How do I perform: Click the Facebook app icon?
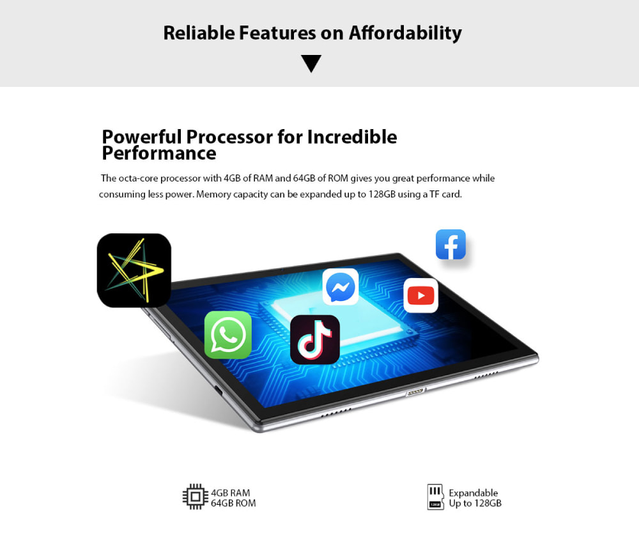coord(450,245)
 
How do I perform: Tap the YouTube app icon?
coord(421,295)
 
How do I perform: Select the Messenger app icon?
coord(341,286)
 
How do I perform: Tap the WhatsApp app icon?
coord(228,335)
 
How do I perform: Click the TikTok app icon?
coord(315,339)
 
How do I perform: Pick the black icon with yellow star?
coord(134,270)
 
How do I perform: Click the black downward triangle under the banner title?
coord(311,63)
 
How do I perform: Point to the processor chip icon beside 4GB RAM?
coord(195,497)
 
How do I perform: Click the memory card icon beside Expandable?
coord(435,497)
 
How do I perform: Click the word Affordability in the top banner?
coord(405,33)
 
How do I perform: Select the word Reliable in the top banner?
coord(199,33)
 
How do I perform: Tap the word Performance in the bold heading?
coord(159,153)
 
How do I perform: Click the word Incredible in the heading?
coord(351,137)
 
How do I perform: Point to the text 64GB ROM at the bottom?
coord(233,503)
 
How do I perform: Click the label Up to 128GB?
coord(475,504)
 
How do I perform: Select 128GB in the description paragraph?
coord(382,194)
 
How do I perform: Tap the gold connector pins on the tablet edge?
coord(415,392)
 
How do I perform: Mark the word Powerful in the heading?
coord(142,137)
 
